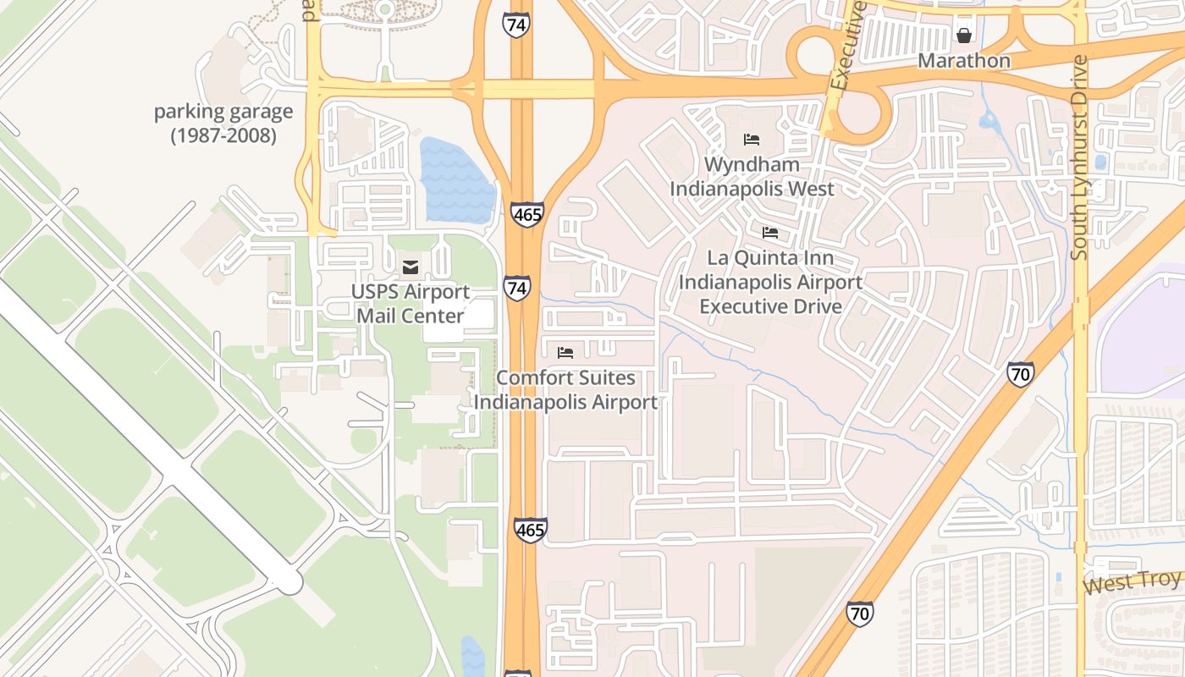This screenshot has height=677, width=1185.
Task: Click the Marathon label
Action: (964, 61)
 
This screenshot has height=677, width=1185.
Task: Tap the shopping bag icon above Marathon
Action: (963, 36)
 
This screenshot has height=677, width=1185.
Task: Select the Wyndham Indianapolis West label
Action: (752, 176)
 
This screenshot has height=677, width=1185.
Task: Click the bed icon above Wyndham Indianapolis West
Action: (752, 140)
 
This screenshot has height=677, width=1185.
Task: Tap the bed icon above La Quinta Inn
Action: (769, 232)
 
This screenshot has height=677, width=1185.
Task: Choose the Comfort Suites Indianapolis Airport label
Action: (565, 390)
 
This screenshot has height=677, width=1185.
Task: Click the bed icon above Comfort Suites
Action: (565, 352)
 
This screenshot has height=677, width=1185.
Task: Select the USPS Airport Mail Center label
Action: (411, 304)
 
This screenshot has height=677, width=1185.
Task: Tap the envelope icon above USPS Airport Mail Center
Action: (411, 268)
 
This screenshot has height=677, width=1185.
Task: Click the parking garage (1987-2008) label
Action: (223, 124)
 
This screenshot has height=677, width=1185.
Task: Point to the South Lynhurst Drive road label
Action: (1079, 157)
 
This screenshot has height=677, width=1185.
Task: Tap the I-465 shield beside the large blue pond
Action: (526, 215)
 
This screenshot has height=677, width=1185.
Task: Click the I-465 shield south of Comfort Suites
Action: (530, 531)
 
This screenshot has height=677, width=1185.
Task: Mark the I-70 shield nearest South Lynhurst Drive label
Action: (1020, 374)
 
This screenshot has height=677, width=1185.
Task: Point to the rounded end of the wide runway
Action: (289, 581)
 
